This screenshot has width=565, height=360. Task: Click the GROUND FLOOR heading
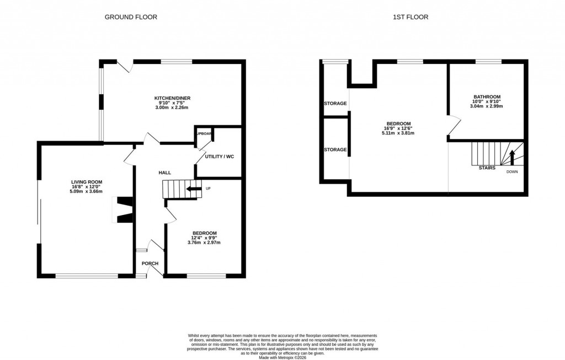[131, 17]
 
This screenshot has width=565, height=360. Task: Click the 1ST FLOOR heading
[410, 17]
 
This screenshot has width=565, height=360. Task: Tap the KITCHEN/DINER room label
[172, 98]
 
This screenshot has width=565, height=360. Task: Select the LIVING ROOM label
[86, 181]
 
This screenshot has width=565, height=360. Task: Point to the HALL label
[164, 173]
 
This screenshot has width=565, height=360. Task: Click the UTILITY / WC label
[219, 157]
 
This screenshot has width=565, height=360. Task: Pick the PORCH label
[150, 264]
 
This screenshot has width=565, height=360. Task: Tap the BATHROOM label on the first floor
[487, 96]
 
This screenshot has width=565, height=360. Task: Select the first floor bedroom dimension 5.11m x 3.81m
[398, 133]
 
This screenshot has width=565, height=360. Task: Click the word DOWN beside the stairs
[512, 172]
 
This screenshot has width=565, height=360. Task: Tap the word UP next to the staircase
[208, 189]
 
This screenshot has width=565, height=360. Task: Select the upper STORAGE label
[335, 104]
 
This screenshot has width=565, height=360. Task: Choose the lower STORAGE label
[335, 149]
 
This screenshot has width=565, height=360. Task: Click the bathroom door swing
[454, 126]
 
